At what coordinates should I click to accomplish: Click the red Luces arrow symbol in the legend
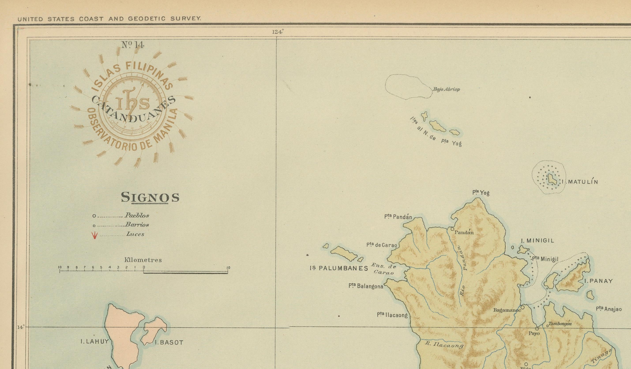click(x=94, y=235)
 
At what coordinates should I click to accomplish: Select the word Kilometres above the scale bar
click(x=143, y=260)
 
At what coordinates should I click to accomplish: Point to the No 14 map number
click(x=133, y=45)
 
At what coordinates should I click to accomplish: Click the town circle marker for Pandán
click(x=452, y=229)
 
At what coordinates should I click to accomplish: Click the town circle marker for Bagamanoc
click(x=523, y=307)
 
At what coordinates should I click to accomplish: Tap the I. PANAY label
click(x=598, y=281)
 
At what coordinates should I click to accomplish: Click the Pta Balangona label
click(x=366, y=286)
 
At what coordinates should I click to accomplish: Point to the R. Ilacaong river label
click(x=444, y=345)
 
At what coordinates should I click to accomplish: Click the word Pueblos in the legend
click(x=137, y=215)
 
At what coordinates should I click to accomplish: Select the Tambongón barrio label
click(x=560, y=324)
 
